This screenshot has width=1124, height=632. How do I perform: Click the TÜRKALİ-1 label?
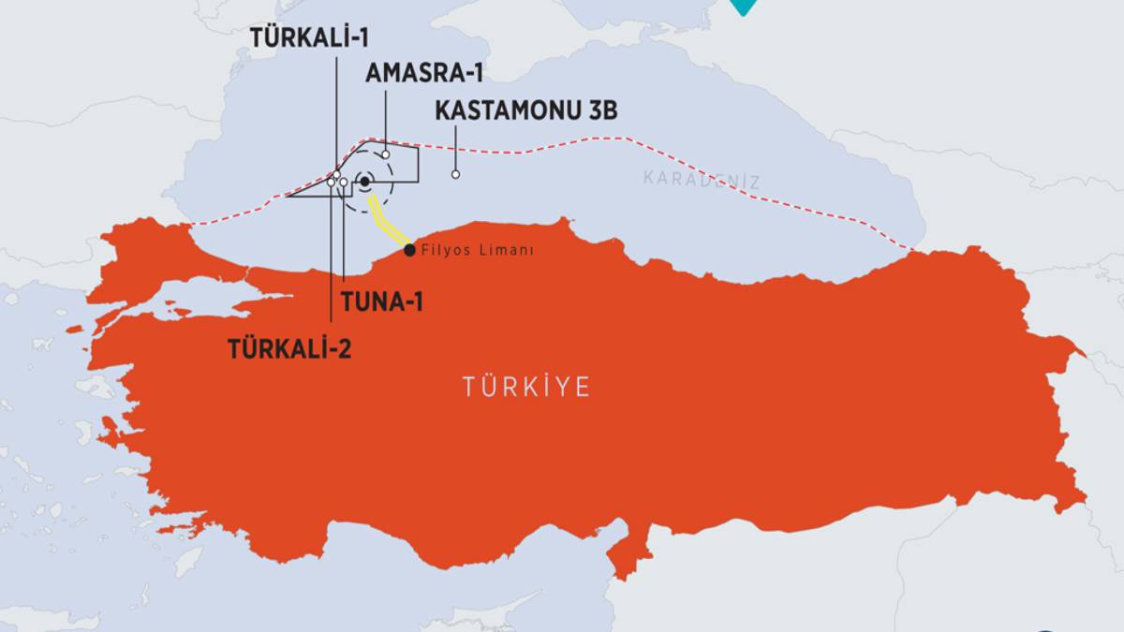310,37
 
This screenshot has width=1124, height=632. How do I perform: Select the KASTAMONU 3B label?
526,110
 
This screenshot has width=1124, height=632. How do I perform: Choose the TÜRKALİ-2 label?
289,348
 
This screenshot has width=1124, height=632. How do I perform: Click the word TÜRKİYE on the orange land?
526,387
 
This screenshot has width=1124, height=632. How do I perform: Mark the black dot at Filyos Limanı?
409,250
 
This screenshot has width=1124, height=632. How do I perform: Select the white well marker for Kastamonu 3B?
455,174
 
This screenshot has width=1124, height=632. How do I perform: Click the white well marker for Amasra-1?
385,154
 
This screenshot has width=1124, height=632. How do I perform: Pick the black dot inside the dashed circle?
364,182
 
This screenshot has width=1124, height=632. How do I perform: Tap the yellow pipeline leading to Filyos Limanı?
389,221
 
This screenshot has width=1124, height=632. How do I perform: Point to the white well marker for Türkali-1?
336,175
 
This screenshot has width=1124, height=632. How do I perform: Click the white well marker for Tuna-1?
344,183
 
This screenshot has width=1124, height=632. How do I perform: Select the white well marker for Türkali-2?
331,184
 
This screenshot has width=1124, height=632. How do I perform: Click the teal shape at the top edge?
743,7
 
